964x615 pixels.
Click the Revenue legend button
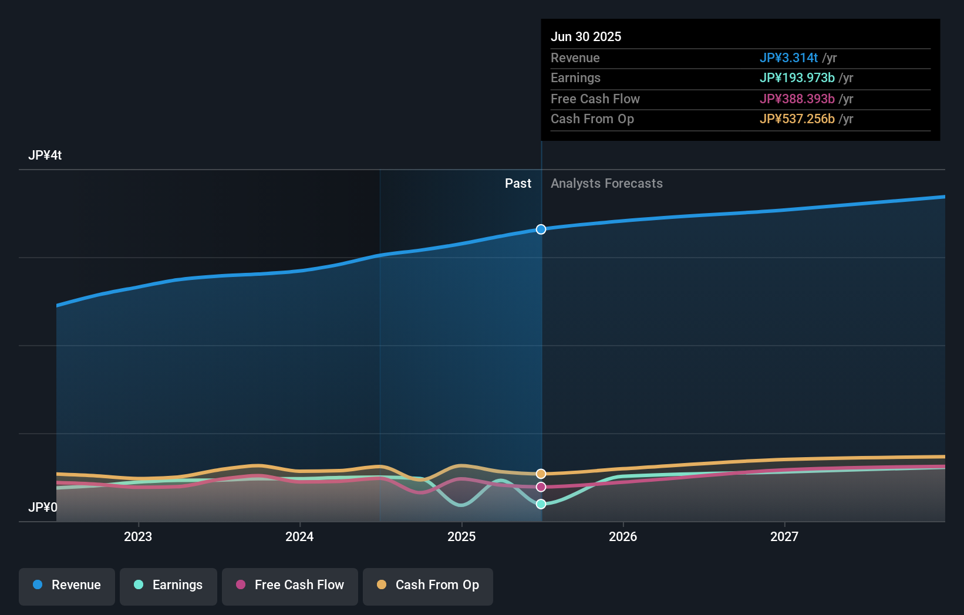click(x=67, y=585)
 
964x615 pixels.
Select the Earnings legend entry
click(x=168, y=585)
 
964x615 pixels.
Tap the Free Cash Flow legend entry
click(x=290, y=585)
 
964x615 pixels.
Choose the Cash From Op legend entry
click(x=428, y=585)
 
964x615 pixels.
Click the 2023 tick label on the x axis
click(x=138, y=536)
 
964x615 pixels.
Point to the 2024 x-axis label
click(x=299, y=536)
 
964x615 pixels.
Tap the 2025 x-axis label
click(x=461, y=536)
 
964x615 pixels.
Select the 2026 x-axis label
click(x=623, y=536)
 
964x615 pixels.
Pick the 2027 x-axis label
click(x=784, y=536)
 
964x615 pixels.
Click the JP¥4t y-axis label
click(x=45, y=156)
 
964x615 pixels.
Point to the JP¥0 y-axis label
click(x=43, y=507)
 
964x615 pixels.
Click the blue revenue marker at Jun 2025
click(x=541, y=229)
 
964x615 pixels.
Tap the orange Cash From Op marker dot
click(x=541, y=474)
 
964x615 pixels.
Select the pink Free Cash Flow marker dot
click(x=541, y=487)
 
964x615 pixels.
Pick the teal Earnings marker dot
click(x=541, y=504)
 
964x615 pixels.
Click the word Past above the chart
click(x=518, y=184)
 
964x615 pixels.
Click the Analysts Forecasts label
click(x=606, y=184)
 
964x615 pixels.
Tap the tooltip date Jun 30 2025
click(x=586, y=36)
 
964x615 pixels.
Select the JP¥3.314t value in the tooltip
click(x=788, y=58)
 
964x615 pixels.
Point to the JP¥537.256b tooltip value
click(x=797, y=119)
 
